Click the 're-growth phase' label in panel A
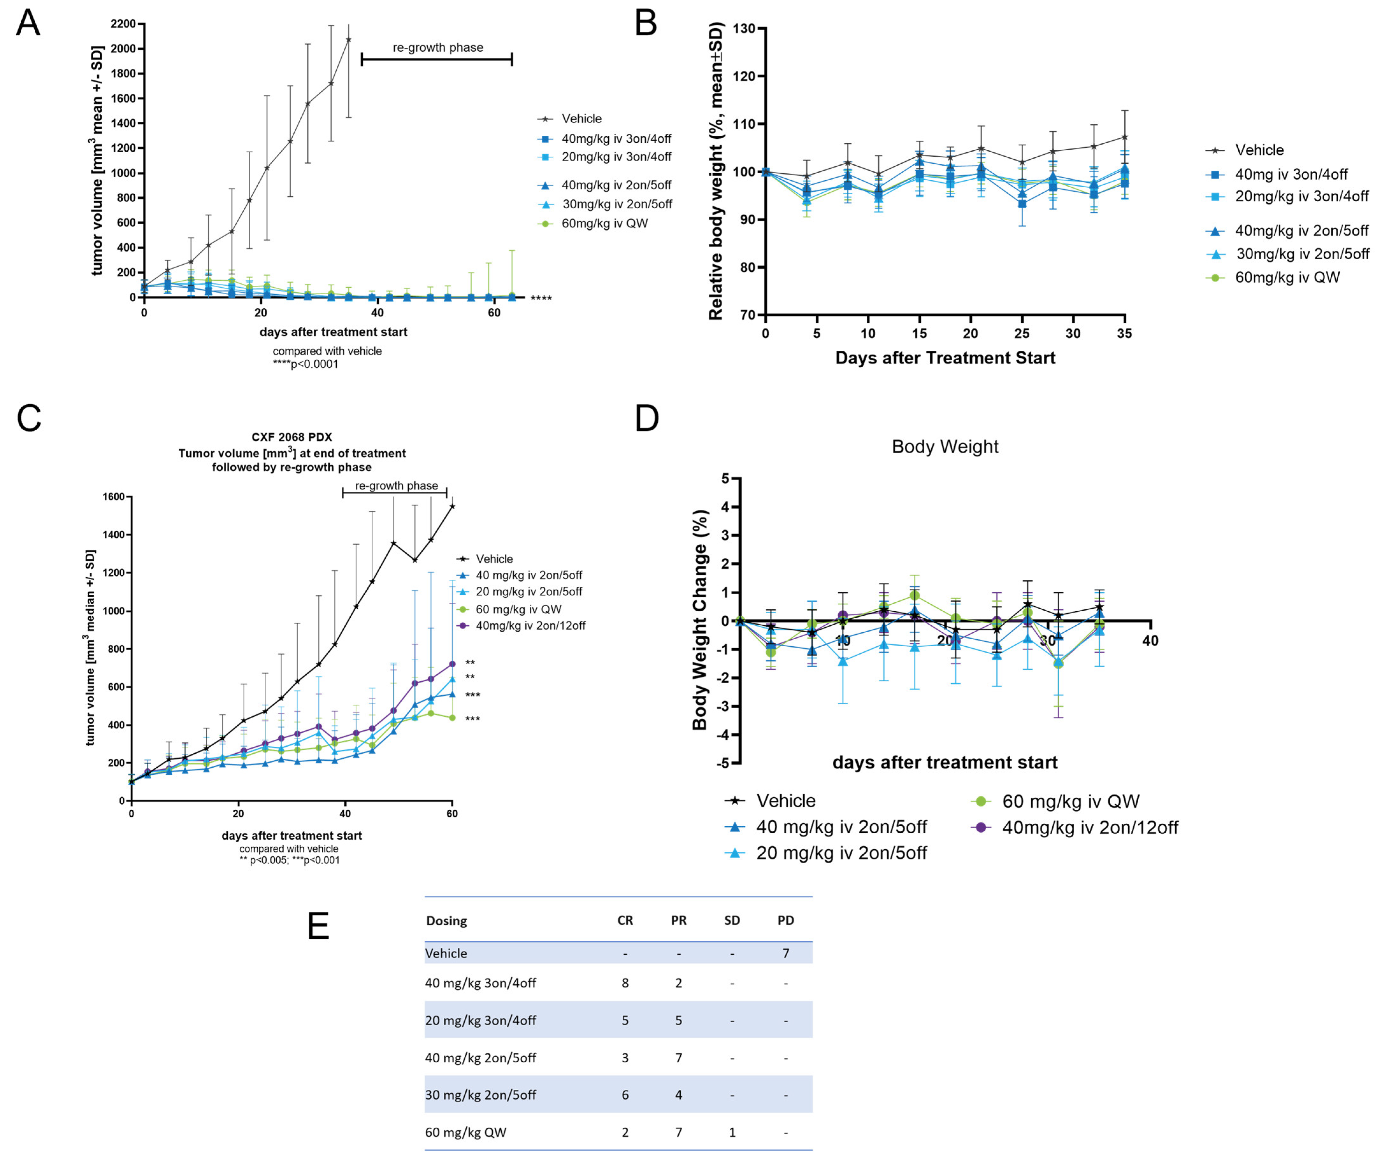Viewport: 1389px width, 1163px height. coord(438,48)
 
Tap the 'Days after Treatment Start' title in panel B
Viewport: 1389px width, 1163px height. coord(944,358)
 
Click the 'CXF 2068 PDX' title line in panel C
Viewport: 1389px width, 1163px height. coord(292,437)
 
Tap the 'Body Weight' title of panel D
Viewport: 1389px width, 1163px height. coord(944,447)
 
